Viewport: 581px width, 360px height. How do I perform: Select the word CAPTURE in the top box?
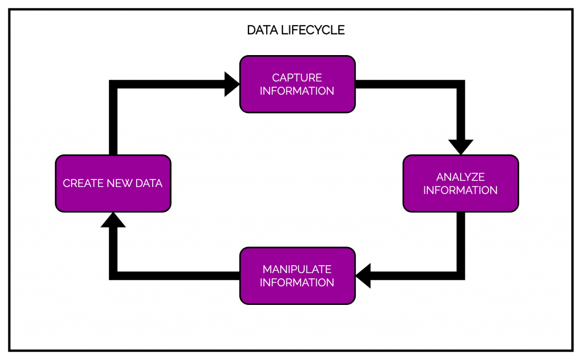click(x=297, y=77)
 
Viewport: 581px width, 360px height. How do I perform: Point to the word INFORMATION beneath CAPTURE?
click(x=297, y=91)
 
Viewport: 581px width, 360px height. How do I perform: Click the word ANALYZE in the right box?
click(x=460, y=177)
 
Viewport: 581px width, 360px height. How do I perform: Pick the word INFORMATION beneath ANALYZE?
click(x=460, y=190)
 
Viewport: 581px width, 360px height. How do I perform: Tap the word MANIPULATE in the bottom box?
click(x=297, y=269)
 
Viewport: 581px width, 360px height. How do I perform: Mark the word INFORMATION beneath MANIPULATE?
click(x=297, y=283)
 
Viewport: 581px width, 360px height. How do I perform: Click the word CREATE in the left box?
click(x=83, y=183)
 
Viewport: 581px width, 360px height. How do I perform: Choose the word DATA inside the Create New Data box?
click(x=148, y=183)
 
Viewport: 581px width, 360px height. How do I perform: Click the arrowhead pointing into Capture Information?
click(x=232, y=84)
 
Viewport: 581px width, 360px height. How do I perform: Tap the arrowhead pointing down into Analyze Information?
click(x=460, y=147)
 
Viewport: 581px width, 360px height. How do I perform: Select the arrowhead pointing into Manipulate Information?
click(x=363, y=276)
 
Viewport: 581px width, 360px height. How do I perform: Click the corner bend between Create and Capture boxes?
click(x=113, y=84)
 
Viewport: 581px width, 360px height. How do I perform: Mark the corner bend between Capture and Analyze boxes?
click(x=460, y=84)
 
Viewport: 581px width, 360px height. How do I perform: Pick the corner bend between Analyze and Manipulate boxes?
click(x=460, y=276)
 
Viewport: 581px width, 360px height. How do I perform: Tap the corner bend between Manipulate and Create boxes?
click(x=113, y=276)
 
